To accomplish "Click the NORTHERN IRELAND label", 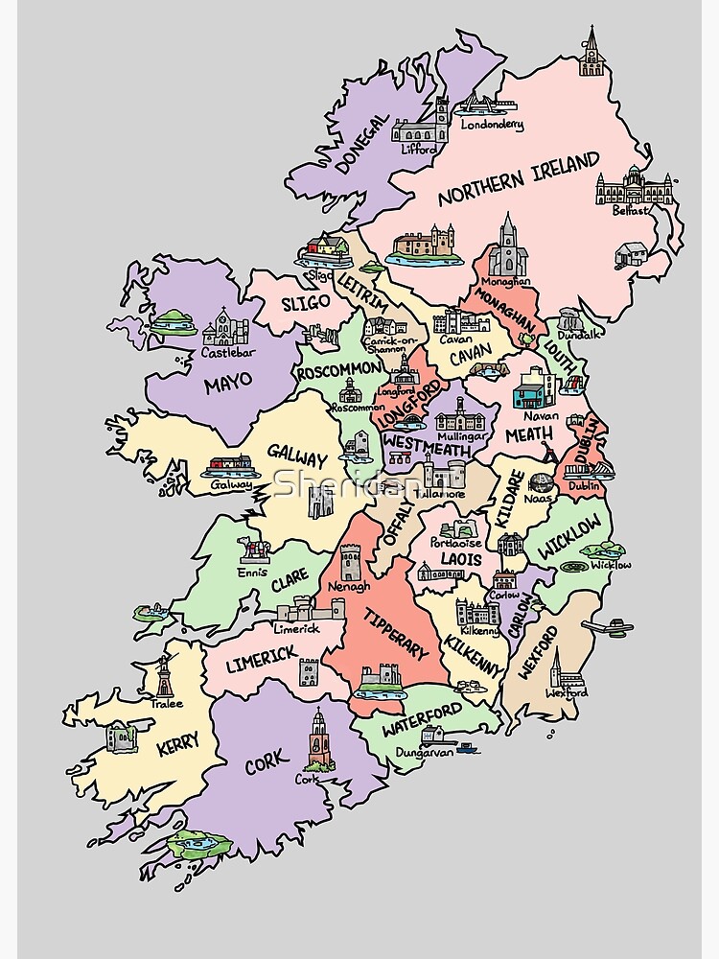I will tap(518, 178).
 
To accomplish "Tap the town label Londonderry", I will tap(493, 125).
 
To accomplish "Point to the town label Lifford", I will tap(418, 149).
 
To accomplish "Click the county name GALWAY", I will tap(297, 453).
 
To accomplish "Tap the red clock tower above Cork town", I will tap(319, 738).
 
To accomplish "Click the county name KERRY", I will tap(176, 743).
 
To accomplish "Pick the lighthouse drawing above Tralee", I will tap(165, 677).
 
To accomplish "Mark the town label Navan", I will tap(540, 415).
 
